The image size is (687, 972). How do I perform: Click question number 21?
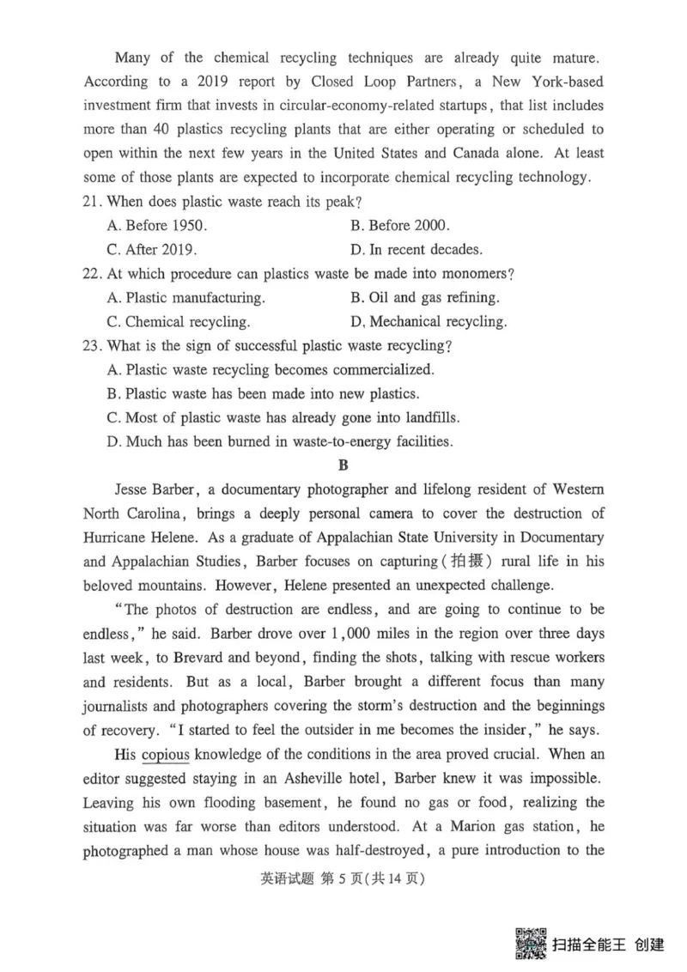[94, 203]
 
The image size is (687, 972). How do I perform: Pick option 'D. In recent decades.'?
[416, 250]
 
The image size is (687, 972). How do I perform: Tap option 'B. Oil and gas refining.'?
[425, 298]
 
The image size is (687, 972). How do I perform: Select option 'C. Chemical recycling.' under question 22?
[179, 322]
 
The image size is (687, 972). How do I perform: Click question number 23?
[94, 346]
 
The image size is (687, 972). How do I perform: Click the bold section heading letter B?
[343, 466]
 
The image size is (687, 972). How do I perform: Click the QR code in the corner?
[530, 943]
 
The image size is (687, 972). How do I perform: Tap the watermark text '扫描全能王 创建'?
[609, 945]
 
